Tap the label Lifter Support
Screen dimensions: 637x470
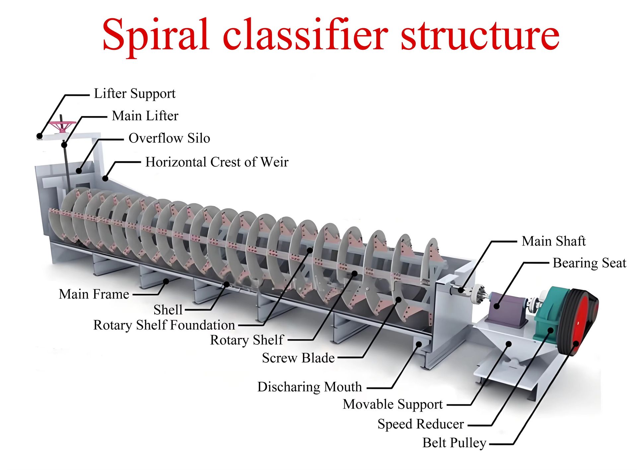pyautogui.click(x=135, y=94)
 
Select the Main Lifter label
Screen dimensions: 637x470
pyautogui.click(x=145, y=116)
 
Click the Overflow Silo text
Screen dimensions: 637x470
pyautogui.click(x=169, y=138)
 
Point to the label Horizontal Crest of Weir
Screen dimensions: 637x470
pyautogui.click(x=217, y=162)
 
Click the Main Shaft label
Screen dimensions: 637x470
pyautogui.click(x=553, y=241)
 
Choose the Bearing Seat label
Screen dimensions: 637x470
pyautogui.click(x=589, y=263)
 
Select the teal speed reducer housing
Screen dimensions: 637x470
pyautogui.click(x=549, y=315)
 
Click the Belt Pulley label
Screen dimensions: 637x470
pyautogui.click(x=454, y=443)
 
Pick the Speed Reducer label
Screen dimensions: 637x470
pyautogui.click(x=421, y=424)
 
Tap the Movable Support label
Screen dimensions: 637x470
pyautogui.click(x=393, y=404)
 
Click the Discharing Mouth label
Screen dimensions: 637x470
pyautogui.click(x=310, y=387)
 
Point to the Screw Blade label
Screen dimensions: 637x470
pyautogui.click(x=298, y=358)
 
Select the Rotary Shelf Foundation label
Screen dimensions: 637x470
pyautogui.click(x=164, y=325)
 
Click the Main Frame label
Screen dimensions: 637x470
pyautogui.click(x=94, y=294)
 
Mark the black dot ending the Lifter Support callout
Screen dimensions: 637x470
pyautogui.click(x=39, y=136)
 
